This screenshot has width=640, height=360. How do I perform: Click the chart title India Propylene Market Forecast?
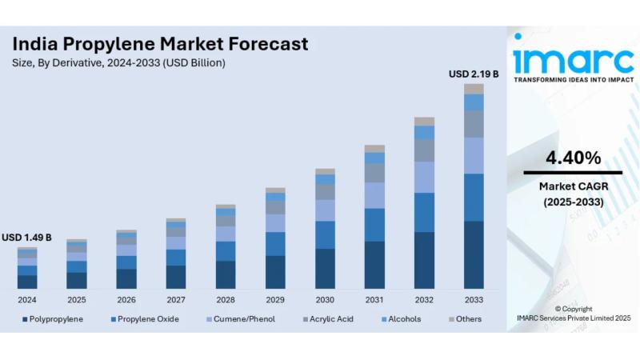click(x=160, y=44)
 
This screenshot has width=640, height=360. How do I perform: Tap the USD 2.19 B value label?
click(x=474, y=74)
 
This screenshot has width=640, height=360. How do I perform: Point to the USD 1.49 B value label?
click(x=26, y=238)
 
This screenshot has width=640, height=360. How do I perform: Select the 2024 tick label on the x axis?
click(x=27, y=300)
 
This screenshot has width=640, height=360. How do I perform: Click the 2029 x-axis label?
click(x=275, y=300)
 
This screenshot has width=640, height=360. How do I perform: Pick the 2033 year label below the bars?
click(x=474, y=300)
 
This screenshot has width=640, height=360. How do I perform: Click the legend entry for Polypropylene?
click(x=56, y=319)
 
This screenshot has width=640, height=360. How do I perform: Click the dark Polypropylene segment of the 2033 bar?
click(x=474, y=254)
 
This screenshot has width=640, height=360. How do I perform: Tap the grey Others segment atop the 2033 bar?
click(x=474, y=89)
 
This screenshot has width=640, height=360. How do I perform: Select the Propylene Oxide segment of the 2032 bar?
click(x=424, y=212)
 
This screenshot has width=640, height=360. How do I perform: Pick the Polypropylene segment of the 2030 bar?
click(x=325, y=268)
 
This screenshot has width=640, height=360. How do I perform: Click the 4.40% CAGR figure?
click(x=573, y=158)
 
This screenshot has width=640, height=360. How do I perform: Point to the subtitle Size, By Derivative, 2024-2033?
click(x=119, y=62)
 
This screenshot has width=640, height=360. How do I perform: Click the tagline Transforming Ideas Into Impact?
click(x=573, y=80)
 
